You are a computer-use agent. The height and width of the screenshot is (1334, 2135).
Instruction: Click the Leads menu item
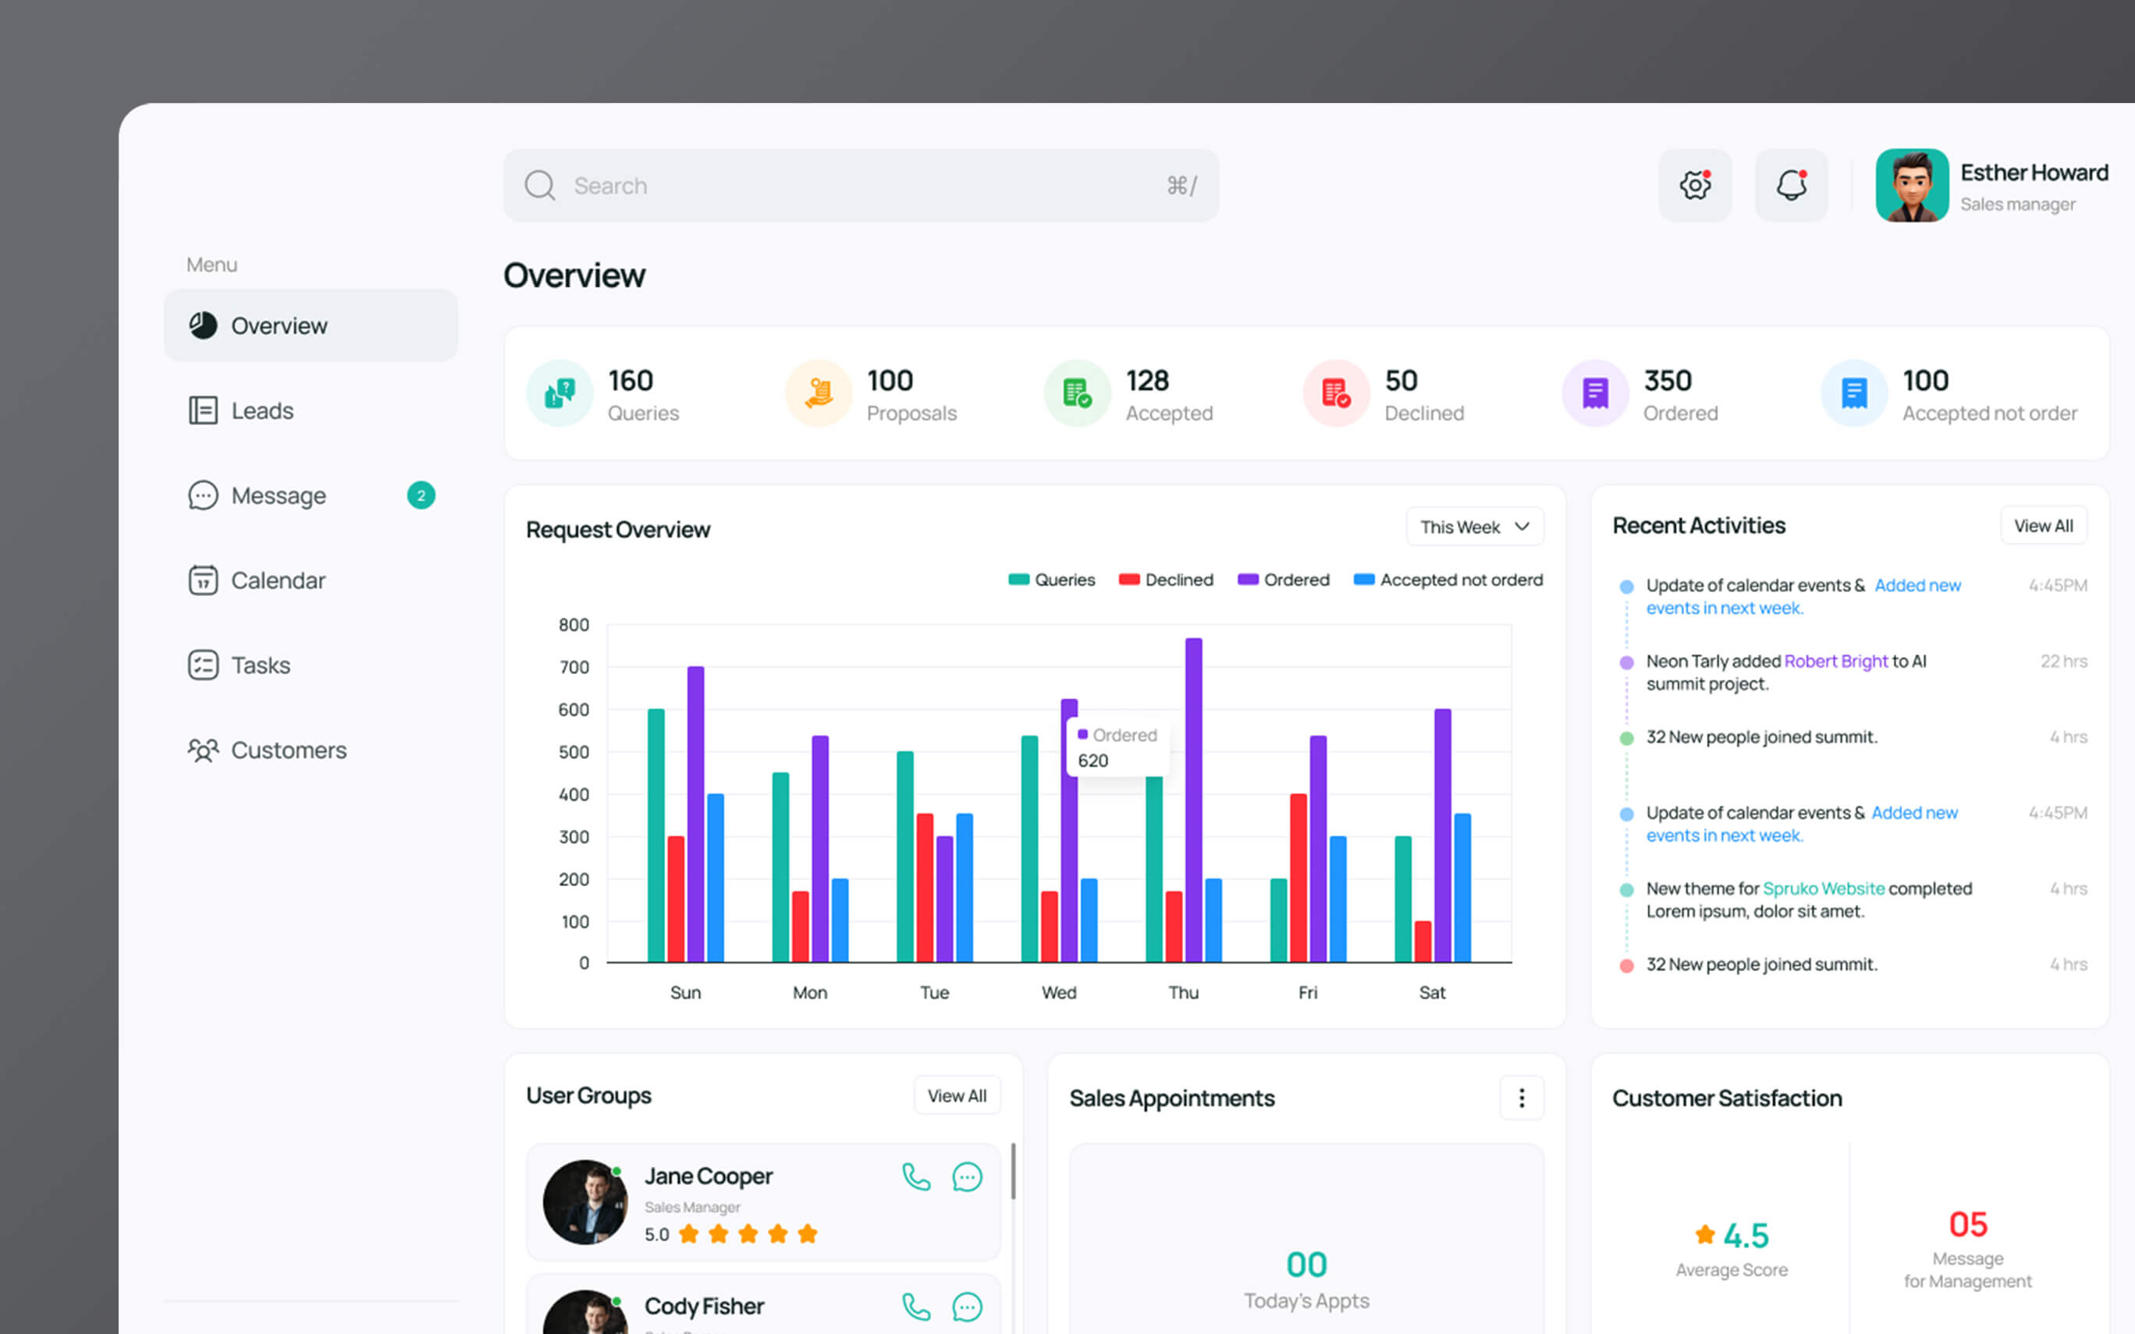coord(241,410)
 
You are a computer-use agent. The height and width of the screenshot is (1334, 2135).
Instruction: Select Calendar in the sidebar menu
coord(257,580)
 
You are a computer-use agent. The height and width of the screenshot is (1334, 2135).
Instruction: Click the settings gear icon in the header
coord(1695,186)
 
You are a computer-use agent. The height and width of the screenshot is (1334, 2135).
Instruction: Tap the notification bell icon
coord(1791,186)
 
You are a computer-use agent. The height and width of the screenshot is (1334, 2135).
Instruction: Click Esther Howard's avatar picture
coord(1912,186)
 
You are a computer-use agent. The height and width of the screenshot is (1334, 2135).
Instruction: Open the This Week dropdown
coord(1474,527)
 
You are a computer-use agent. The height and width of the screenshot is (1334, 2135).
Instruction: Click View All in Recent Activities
coord(2043,526)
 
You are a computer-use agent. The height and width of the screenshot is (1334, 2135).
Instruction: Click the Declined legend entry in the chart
coord(1167,580)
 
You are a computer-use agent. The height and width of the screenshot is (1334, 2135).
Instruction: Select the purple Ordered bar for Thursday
coord(1194,800)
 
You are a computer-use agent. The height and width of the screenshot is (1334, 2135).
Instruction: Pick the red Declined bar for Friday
coord(1298,878)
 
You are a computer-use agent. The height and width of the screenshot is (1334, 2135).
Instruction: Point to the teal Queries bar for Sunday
coord(656,836)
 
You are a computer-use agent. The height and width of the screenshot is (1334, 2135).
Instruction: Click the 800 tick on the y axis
coord(574,625)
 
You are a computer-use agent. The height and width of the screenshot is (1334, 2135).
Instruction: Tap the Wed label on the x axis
coord(1059,992)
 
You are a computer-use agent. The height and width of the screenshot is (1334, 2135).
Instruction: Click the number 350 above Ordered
coord(1668,380)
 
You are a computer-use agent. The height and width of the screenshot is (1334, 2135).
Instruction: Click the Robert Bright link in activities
coord(1836,661)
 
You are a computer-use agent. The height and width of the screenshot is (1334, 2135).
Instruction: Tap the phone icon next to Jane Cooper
coord(916,1177)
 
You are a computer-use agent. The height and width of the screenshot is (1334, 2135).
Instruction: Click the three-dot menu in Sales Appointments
coord(1522,1098)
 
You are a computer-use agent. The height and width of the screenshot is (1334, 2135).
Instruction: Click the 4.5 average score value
coord(1746,1235)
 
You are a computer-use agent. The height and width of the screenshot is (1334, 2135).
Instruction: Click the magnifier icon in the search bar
coord(540,186)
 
